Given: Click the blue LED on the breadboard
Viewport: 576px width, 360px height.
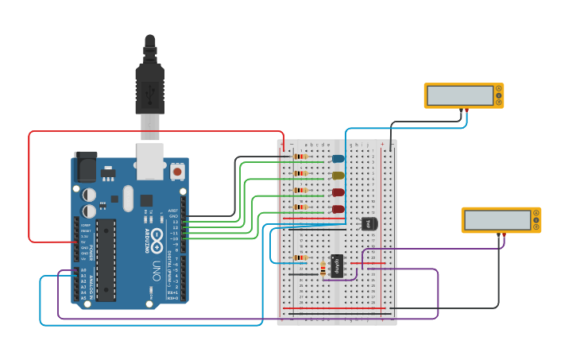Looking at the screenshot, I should point(338,159).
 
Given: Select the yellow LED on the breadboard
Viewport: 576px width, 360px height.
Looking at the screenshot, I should point(338,176).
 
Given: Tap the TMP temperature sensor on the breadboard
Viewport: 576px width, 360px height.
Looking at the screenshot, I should point(369,224).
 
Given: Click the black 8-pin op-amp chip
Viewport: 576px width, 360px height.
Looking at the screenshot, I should point(337,265).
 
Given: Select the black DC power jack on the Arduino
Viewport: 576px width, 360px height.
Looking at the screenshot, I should point(84,166).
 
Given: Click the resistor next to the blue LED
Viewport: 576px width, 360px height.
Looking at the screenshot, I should point(300,157).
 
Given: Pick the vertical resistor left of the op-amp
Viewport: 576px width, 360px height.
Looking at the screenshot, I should point(323,269).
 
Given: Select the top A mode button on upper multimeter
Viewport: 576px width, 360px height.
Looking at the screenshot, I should point(499,89).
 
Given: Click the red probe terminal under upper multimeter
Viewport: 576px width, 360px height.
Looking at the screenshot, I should point(467,111).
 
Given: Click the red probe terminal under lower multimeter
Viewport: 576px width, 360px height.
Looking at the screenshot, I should point(504,235).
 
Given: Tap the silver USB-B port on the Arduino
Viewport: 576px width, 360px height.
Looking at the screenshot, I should point(150,158).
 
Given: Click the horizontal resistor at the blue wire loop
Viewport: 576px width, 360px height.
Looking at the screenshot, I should point(300,257).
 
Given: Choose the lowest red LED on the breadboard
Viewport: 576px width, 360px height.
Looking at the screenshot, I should point(338,210).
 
